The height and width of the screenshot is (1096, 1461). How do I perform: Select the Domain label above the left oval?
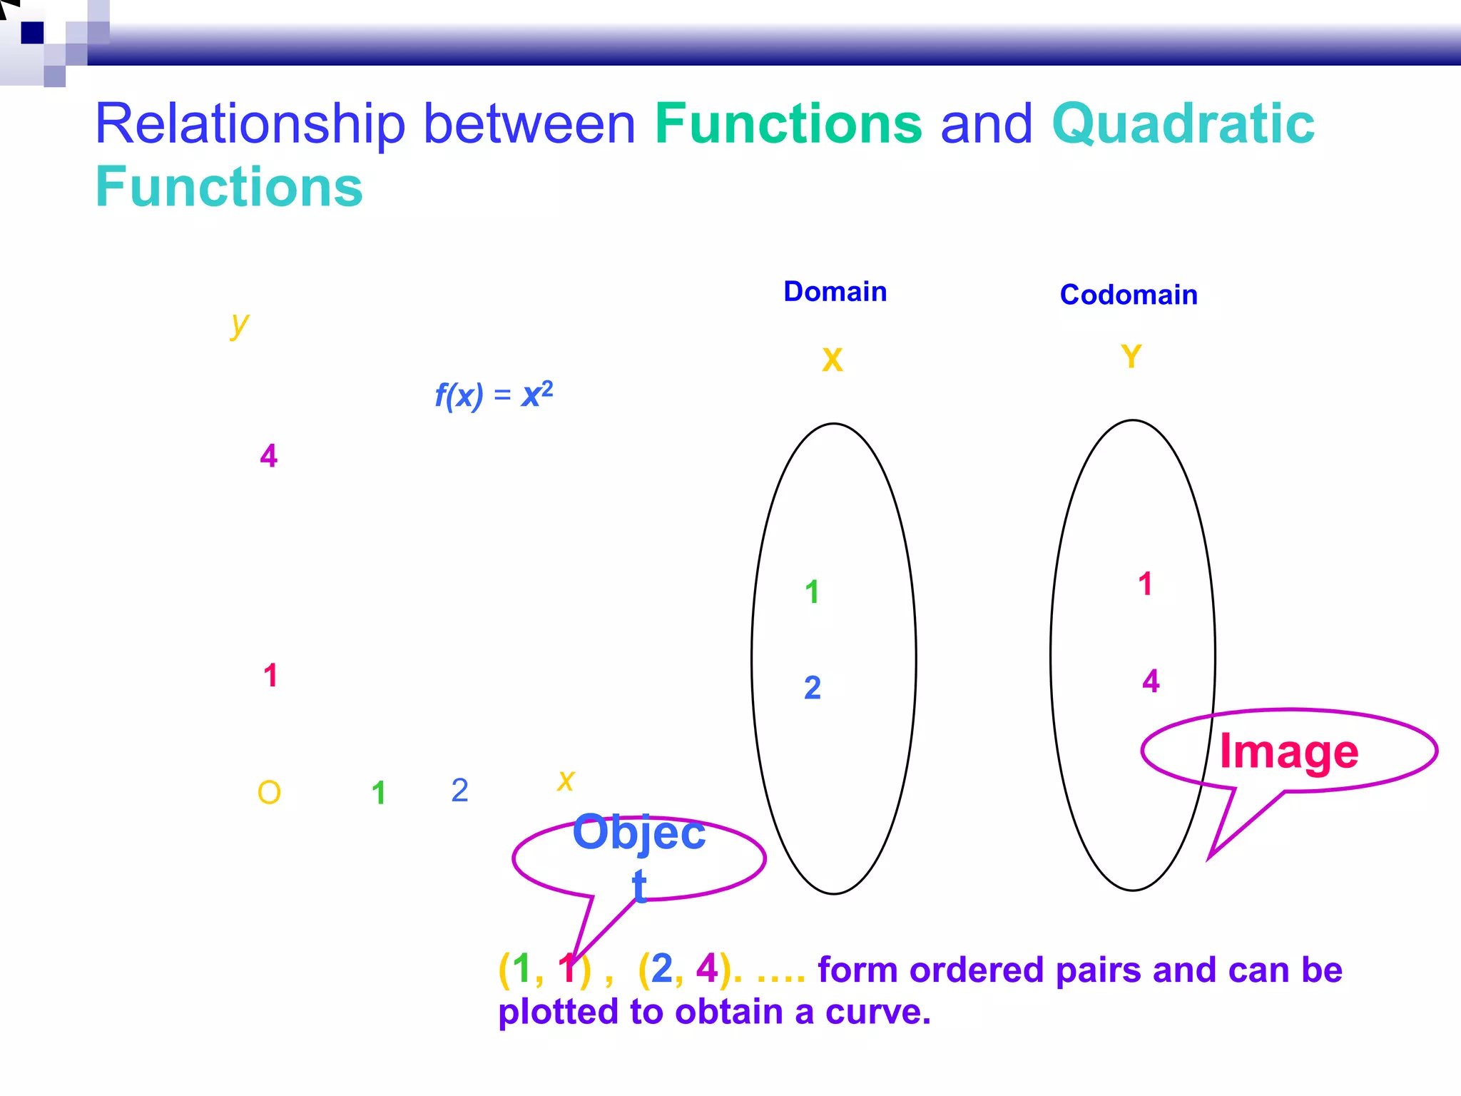pos(835,292)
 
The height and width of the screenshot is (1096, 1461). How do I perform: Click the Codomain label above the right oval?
pos(1129,295)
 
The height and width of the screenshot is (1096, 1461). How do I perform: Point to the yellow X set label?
pos(832,360)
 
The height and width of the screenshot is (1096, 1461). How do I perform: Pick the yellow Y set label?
pos(1131,357)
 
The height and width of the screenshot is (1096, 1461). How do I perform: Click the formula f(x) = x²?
pos(494,395)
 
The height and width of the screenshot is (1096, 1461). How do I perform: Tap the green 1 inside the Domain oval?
pos(812,592)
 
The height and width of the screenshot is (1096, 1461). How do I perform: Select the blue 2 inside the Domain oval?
pos(813,688)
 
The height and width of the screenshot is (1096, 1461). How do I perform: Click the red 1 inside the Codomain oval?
pos(1145,584)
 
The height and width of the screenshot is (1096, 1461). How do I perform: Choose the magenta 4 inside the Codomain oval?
pos(1151,681)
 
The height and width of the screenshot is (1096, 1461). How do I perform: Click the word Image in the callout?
pos(1288,751)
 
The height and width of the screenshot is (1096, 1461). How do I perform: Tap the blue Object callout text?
pos(638,833)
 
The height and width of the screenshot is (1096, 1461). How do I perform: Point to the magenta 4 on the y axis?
pos(268,455)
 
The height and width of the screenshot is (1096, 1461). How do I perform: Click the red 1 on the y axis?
pos(270,675)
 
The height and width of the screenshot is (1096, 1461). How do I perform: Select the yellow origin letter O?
pos(269,793)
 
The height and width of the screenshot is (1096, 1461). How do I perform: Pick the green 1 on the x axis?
pos(379,793)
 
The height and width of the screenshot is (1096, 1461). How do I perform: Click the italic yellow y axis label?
pos(240,325)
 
